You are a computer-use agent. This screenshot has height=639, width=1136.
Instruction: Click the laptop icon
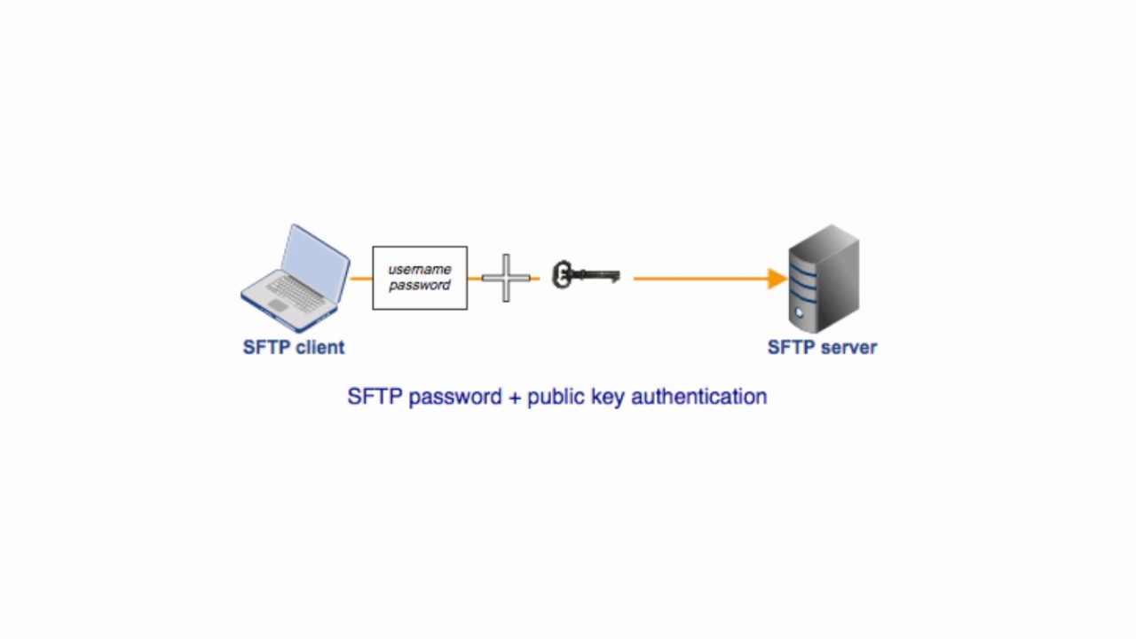coord(296,278)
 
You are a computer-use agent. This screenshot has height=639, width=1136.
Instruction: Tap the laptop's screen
coord(315,262)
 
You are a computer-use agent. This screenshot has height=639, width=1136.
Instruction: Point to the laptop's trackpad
coord(278,304)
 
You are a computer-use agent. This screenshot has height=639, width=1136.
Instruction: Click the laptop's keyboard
coord(296,293)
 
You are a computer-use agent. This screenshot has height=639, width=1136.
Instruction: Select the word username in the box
coord(420,269)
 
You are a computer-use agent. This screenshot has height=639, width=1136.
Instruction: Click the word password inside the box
coord(420,286)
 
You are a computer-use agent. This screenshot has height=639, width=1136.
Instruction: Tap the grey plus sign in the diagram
coord(506,278)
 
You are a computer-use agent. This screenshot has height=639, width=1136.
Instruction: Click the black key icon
coord(587,275)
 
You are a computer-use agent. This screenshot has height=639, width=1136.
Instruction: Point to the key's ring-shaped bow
coord(562,274)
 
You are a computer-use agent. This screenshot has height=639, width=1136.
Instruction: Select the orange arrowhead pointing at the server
coord(777,279)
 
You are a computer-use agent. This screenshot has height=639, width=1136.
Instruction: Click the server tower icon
coord(824,278)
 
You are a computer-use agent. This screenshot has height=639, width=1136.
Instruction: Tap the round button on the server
coord(800,312)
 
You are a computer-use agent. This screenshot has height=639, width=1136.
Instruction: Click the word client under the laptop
coord(320,347)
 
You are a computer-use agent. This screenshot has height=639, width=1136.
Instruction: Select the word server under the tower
coord(849,347)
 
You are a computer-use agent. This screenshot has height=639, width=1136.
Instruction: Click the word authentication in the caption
coord(698,397)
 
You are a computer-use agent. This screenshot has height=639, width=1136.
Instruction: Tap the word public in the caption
coord(556,397)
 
